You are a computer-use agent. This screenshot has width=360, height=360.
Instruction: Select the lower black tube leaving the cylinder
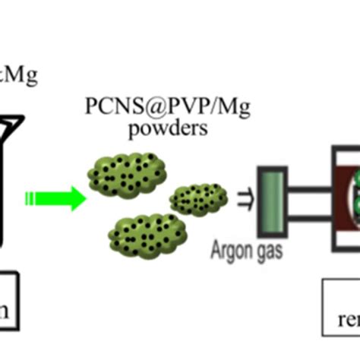pyautogui.click(x=308, y=219)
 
